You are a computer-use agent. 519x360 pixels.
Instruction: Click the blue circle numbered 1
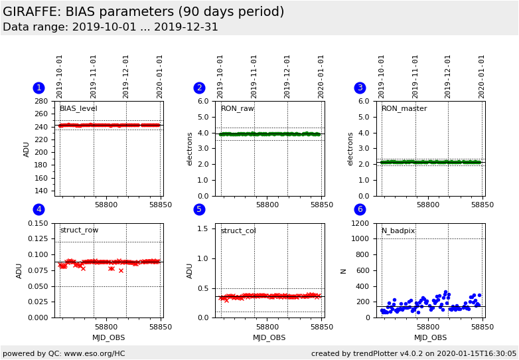38,88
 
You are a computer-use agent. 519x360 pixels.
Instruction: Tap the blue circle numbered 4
38,209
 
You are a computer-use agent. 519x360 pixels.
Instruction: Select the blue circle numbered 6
360,209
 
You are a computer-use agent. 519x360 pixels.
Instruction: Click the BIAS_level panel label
78,109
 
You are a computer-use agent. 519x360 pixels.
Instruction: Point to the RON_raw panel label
237,109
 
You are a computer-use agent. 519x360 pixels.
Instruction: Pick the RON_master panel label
404,109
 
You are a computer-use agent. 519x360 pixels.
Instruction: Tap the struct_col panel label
238,231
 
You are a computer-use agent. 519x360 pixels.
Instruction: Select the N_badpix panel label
398,231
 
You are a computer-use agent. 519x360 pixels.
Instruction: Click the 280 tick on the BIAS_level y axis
42,102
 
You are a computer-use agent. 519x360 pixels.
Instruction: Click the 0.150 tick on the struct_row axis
37,223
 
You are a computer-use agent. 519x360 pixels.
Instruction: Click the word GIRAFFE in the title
31,12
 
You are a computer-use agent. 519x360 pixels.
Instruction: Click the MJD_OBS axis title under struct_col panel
269,337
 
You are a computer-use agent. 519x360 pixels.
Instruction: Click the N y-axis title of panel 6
344,270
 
